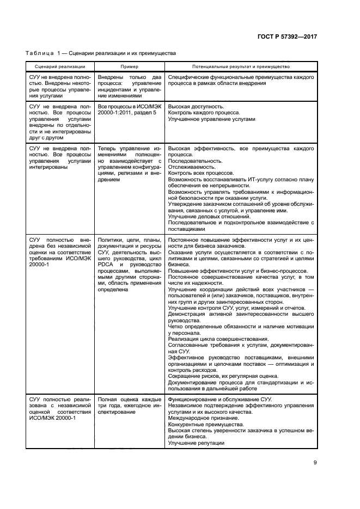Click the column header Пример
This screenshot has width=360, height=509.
point(129,66)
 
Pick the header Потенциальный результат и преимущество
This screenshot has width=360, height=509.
point(240,66)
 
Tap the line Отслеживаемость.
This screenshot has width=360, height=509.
point(191,167)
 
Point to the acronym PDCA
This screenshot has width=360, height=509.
point(105,265)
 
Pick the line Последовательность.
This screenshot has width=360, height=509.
point(195,161)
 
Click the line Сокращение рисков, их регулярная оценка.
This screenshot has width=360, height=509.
point(223,376)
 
